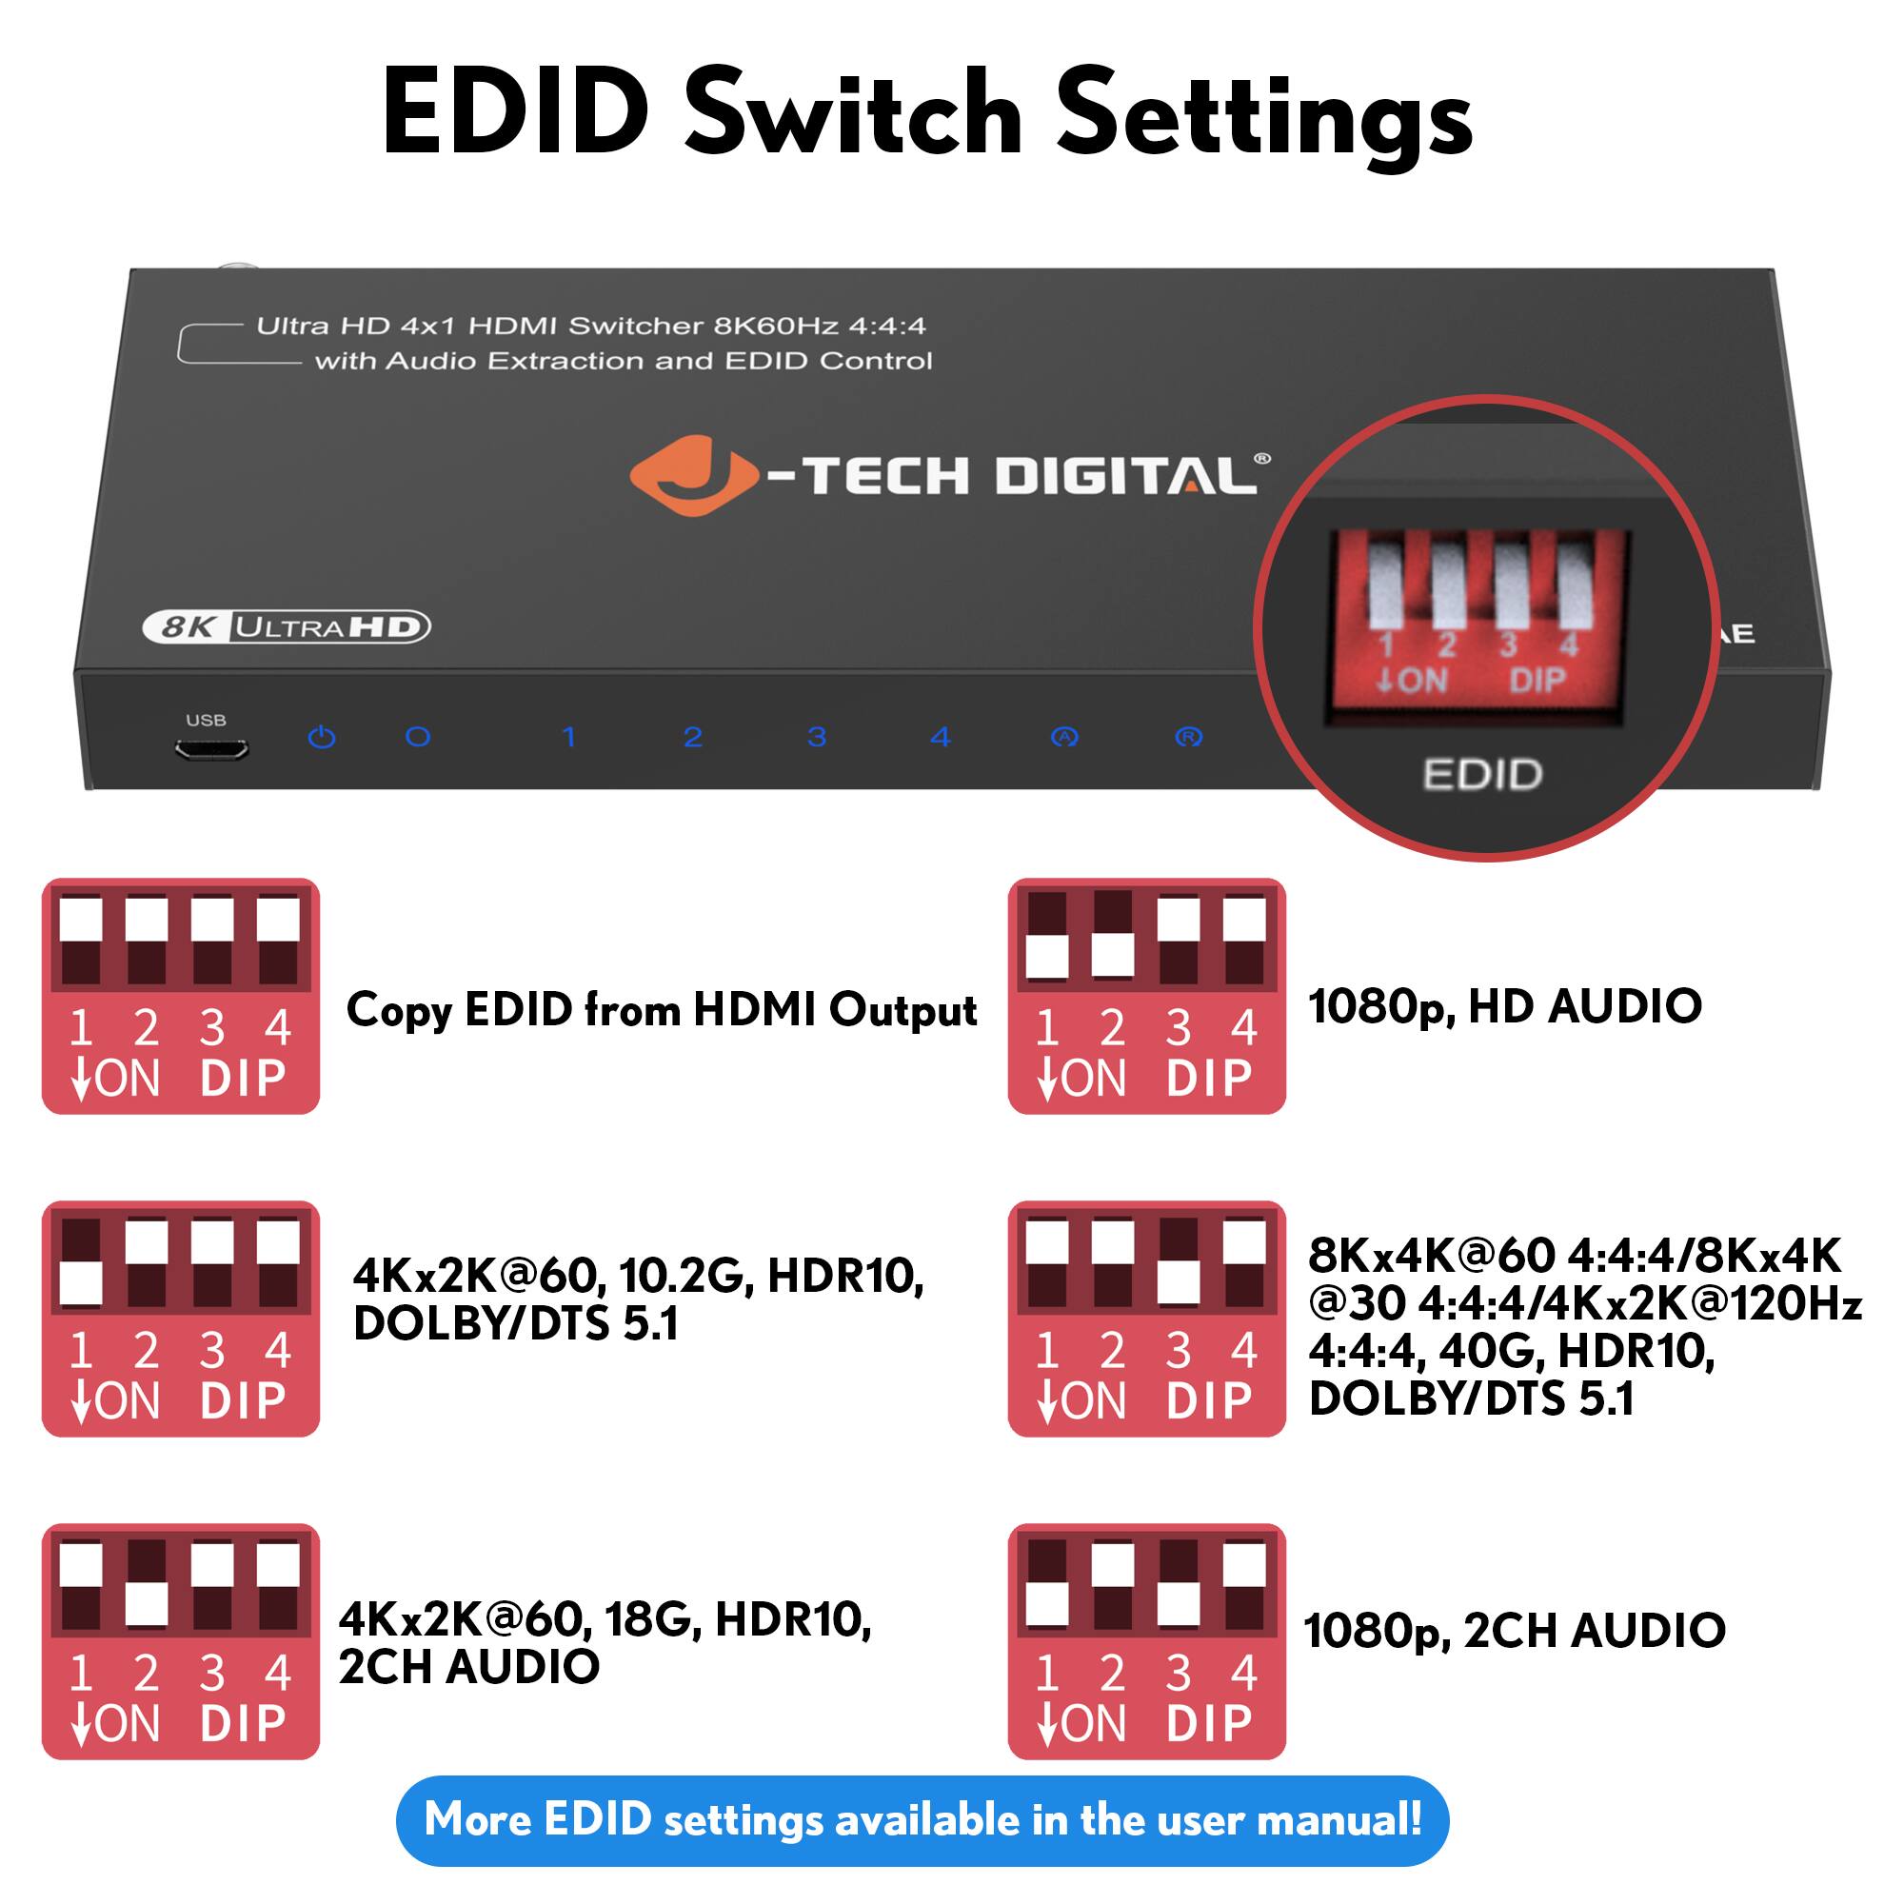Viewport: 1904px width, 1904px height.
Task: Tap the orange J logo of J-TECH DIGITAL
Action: coord(693,476)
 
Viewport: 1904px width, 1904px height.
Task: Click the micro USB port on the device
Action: coord(211,751)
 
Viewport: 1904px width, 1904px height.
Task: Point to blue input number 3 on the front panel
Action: coord(816,737)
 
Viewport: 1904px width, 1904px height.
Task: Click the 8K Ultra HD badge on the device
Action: coord(286,626)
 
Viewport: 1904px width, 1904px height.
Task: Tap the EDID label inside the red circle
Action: coord(1482,775)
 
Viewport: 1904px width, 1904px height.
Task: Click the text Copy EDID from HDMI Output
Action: coord(662,1010)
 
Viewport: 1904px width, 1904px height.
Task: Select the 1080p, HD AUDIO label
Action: coord(1505,1006)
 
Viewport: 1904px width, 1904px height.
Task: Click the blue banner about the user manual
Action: coord(922,1819)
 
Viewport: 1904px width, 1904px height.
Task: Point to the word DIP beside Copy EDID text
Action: coord(243,1079)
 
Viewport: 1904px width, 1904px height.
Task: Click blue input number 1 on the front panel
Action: coord(568,737)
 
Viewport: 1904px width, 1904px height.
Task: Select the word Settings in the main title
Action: coord(1264,114)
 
